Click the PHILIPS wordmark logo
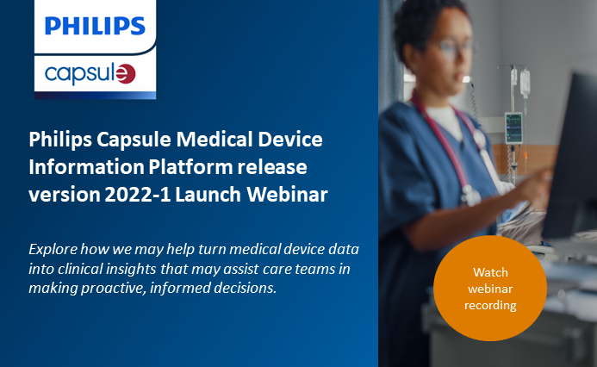click(x=95, y=25)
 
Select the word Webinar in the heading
click(x=289, y=195)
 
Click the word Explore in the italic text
click(x=55, y=248)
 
